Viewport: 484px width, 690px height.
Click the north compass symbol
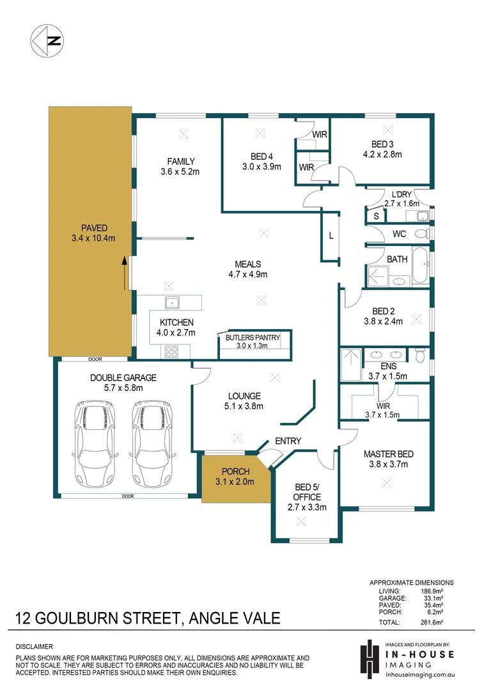point(47,41)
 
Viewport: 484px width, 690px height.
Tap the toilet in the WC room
point(422,233)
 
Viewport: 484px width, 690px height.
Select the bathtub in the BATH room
point(421,265)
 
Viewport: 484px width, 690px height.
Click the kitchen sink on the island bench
point(172,303)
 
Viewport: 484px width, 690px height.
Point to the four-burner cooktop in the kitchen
point(171,352)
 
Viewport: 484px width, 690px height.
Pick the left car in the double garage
point(95,443)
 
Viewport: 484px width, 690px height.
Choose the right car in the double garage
point(152,443)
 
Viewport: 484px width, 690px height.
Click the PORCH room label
point(236,471)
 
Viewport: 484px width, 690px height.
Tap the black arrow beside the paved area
point(124,273)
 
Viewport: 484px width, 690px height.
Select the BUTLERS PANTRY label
point(253,337)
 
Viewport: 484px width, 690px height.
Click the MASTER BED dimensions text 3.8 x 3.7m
point(389,464)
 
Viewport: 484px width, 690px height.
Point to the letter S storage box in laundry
point(376,216)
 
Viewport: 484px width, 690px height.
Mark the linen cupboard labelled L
point(331,236)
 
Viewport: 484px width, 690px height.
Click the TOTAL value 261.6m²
point(432,622)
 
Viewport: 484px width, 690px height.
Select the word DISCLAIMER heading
point(35,647)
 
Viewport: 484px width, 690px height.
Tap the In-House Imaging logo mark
point(370,659)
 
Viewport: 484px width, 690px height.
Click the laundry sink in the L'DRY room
point(423,216)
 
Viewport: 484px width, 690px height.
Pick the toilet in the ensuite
point(419,355)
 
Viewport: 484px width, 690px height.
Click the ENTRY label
point(288,441)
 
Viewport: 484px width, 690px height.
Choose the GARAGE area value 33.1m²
point(432,598)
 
